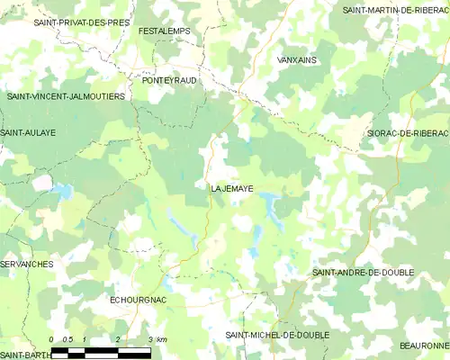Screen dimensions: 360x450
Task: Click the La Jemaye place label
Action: tap(231, 189)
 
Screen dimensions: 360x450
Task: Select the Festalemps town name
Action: tap(165, 31)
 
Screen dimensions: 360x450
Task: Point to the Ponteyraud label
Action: tap(169, 80)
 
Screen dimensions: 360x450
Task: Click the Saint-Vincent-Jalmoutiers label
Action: tap(66, 96)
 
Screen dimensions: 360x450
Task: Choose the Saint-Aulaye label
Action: tap(28, 132)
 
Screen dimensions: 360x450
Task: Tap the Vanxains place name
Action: tap(298, 59)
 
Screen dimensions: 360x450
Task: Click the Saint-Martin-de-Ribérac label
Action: tap(395, 10)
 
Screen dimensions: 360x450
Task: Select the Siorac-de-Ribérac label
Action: tap(408, 133)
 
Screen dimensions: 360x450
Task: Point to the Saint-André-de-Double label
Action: tap(364, 272)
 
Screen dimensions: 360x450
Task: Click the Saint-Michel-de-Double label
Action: tap(277, 335)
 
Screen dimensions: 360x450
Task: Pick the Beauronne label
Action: tap(424, 346)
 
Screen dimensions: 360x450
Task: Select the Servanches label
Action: tap(27, 265)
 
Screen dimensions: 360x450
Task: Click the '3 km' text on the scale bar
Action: tap(157, 339)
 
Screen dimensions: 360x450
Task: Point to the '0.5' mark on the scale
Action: tap(67, 339)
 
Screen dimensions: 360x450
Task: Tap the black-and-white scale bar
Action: tap(101, 351)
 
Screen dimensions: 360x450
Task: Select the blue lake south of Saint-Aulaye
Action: tap(63, 192)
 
